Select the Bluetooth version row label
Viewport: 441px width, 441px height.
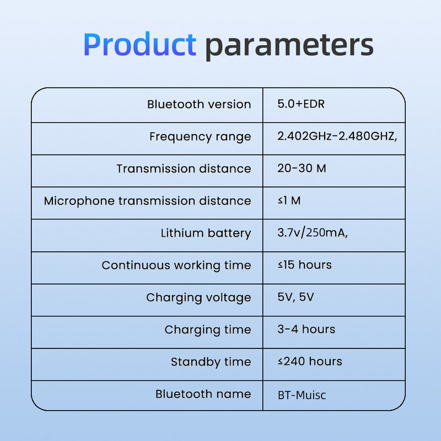pos(198,104)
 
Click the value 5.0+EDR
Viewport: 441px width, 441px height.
pos(301,104)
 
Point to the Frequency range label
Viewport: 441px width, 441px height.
pos(200,136)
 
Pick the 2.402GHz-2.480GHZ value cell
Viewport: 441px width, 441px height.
pos(337,136)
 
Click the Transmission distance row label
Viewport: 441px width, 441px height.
pos(184,169)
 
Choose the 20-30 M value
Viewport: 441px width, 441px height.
pos(302,168)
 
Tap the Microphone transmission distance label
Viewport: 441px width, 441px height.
pos(147,201)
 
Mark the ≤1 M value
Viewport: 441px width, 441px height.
pos(289,201)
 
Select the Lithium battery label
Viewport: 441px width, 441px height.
pos(206,233)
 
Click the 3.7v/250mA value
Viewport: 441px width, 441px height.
pos(313,233)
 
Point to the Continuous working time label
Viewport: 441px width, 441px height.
pos(176,265)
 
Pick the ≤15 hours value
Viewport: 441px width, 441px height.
pos(304,265)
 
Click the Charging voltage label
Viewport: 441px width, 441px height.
pos(198,297)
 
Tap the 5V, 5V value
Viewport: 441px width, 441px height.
pos(296,297)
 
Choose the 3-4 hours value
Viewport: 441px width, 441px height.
pos(306,329)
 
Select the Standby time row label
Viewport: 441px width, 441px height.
pos(211,362)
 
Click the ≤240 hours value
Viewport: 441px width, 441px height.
pos(309,362)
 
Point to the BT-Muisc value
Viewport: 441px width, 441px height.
pos(305,395)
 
